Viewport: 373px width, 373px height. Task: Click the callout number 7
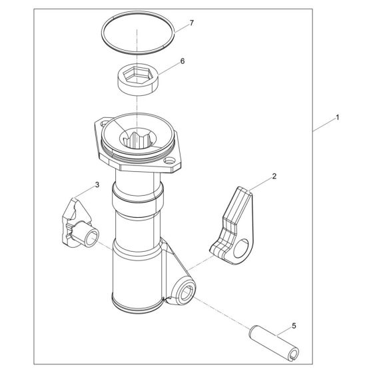pos(192,23)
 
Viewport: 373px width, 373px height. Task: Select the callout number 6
pos(183,61)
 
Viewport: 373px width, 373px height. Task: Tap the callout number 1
pos(337,117)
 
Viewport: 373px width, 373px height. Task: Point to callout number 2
pos(274,177)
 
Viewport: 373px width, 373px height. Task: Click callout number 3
pos(97,185)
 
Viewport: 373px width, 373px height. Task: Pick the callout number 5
pos(294,326)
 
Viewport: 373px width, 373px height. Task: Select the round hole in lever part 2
pos(240,248)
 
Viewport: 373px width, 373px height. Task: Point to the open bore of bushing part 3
pos(92,237)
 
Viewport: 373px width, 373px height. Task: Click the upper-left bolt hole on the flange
pos(105,124)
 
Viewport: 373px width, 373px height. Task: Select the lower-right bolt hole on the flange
pos(169,161)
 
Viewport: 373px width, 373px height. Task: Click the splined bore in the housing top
pos(138,139)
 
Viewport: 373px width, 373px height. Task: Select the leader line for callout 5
pos(284,332)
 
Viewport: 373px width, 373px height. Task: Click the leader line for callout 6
pos(169,69)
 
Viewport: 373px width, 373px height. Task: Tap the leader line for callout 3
pos(85,192)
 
